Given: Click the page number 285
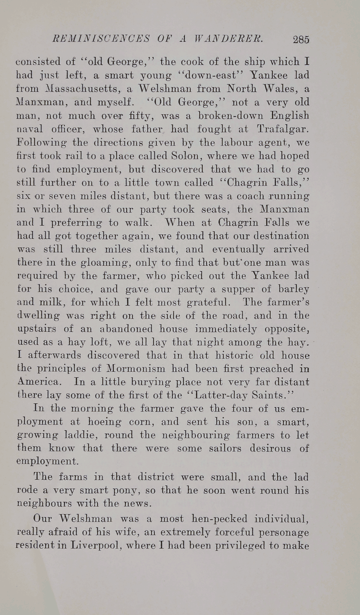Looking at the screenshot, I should pyautogui.click(x=301, y=39).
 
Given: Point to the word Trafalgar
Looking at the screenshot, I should pyautogui.click(x=283, y=129).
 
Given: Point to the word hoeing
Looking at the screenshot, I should pyautogui.click(x=106, y=422).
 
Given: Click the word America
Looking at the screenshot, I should pyautogui.click(x=39, y=382).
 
